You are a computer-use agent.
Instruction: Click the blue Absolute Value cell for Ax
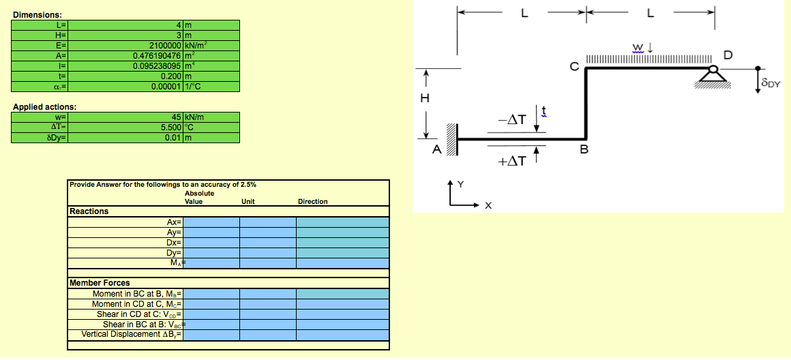click(x=211, y=222)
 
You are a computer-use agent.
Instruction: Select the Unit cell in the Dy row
click(x=267, y=253)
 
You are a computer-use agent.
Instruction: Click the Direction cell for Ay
click(x=342, y=232)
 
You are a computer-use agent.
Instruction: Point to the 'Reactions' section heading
click(x=89, y=211)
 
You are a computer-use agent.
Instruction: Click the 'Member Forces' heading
click(x=100, y=283)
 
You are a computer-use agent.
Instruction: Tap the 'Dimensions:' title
click(x=38, y=14)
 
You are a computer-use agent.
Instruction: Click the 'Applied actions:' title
click(x=44, y=107)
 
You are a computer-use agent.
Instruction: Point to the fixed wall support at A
click(x=451, y=140)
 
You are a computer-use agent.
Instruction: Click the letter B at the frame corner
click(x=584, y=149)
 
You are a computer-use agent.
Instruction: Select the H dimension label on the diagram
click(x=425, y=97)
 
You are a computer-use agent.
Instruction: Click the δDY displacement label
click(x=771, y=83)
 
